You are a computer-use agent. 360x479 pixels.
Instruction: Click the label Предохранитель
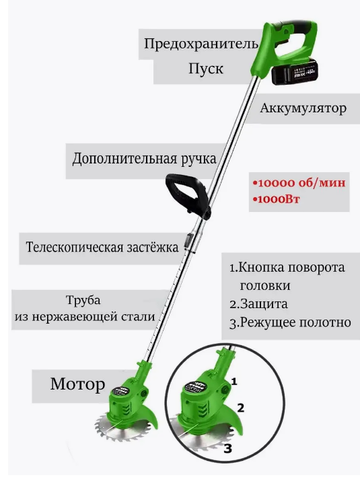point(201,44)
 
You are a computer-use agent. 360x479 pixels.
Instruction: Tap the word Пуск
point(206,69)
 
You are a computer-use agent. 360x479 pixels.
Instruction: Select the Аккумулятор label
point(303,108)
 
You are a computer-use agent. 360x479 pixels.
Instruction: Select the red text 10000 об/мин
point(299,183)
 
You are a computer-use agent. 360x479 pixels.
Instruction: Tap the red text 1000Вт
point(277,199)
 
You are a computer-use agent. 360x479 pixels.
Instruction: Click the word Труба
point(83,301)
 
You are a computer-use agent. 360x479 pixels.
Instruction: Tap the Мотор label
point(77,384)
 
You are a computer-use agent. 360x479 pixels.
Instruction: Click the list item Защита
point(259,304)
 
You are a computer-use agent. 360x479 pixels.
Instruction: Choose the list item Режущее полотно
point(290,323)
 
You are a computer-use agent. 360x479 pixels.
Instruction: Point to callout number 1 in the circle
point(234,381)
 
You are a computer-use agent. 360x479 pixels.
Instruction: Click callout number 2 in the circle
point(241,408)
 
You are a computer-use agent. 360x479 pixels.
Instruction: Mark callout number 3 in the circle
point(228,449)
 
